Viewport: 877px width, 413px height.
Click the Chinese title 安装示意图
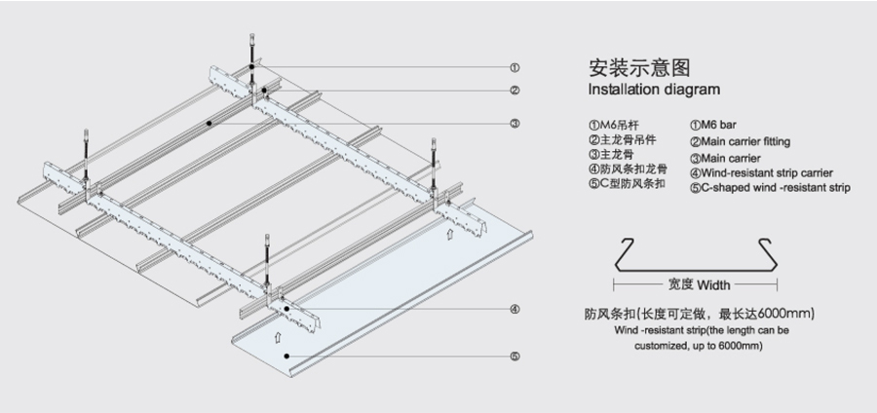[639, 67]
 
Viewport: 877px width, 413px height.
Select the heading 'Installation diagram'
[654, 90]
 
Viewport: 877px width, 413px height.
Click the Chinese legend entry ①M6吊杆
[614, 125]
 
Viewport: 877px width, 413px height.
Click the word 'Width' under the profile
[713, 285]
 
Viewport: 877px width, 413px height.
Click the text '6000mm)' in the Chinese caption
[786, 314]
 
